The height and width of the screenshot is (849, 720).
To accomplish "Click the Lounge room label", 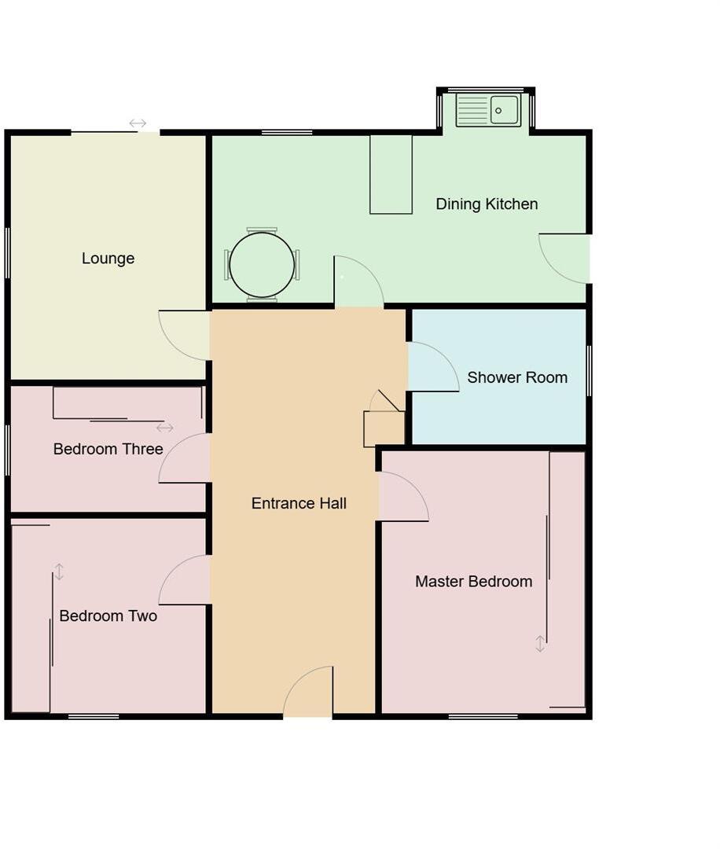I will [x=108, y=259].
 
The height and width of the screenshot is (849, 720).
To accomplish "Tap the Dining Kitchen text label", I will [x=487, y=204].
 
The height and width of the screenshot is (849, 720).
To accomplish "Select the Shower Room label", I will [x=517, y=377].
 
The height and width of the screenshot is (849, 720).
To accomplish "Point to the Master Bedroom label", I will [x=473, y=582].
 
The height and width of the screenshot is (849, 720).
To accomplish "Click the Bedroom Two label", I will [x=108, y=616].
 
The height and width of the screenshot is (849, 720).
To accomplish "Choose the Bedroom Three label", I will [x=108, y=449].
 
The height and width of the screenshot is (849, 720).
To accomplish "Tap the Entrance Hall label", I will [x=299, y=503].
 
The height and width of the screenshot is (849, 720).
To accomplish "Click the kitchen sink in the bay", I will [x=488, y=110].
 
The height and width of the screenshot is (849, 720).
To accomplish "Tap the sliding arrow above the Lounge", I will [x=138, y=123].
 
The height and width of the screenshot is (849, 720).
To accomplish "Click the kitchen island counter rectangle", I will [x=391, y=174].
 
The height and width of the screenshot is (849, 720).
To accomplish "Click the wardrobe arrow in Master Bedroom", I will [x=540, y=644].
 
